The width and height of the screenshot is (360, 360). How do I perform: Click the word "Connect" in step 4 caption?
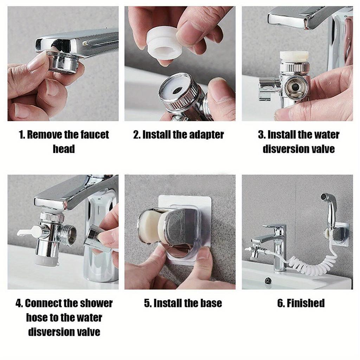46,303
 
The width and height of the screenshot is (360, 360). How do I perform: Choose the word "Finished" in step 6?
301,303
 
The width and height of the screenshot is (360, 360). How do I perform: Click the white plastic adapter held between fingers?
163,43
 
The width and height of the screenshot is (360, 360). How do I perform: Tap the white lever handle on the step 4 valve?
28,232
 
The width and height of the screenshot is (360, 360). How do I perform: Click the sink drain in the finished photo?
268,281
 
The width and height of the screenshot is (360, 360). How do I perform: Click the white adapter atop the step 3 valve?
294,56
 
